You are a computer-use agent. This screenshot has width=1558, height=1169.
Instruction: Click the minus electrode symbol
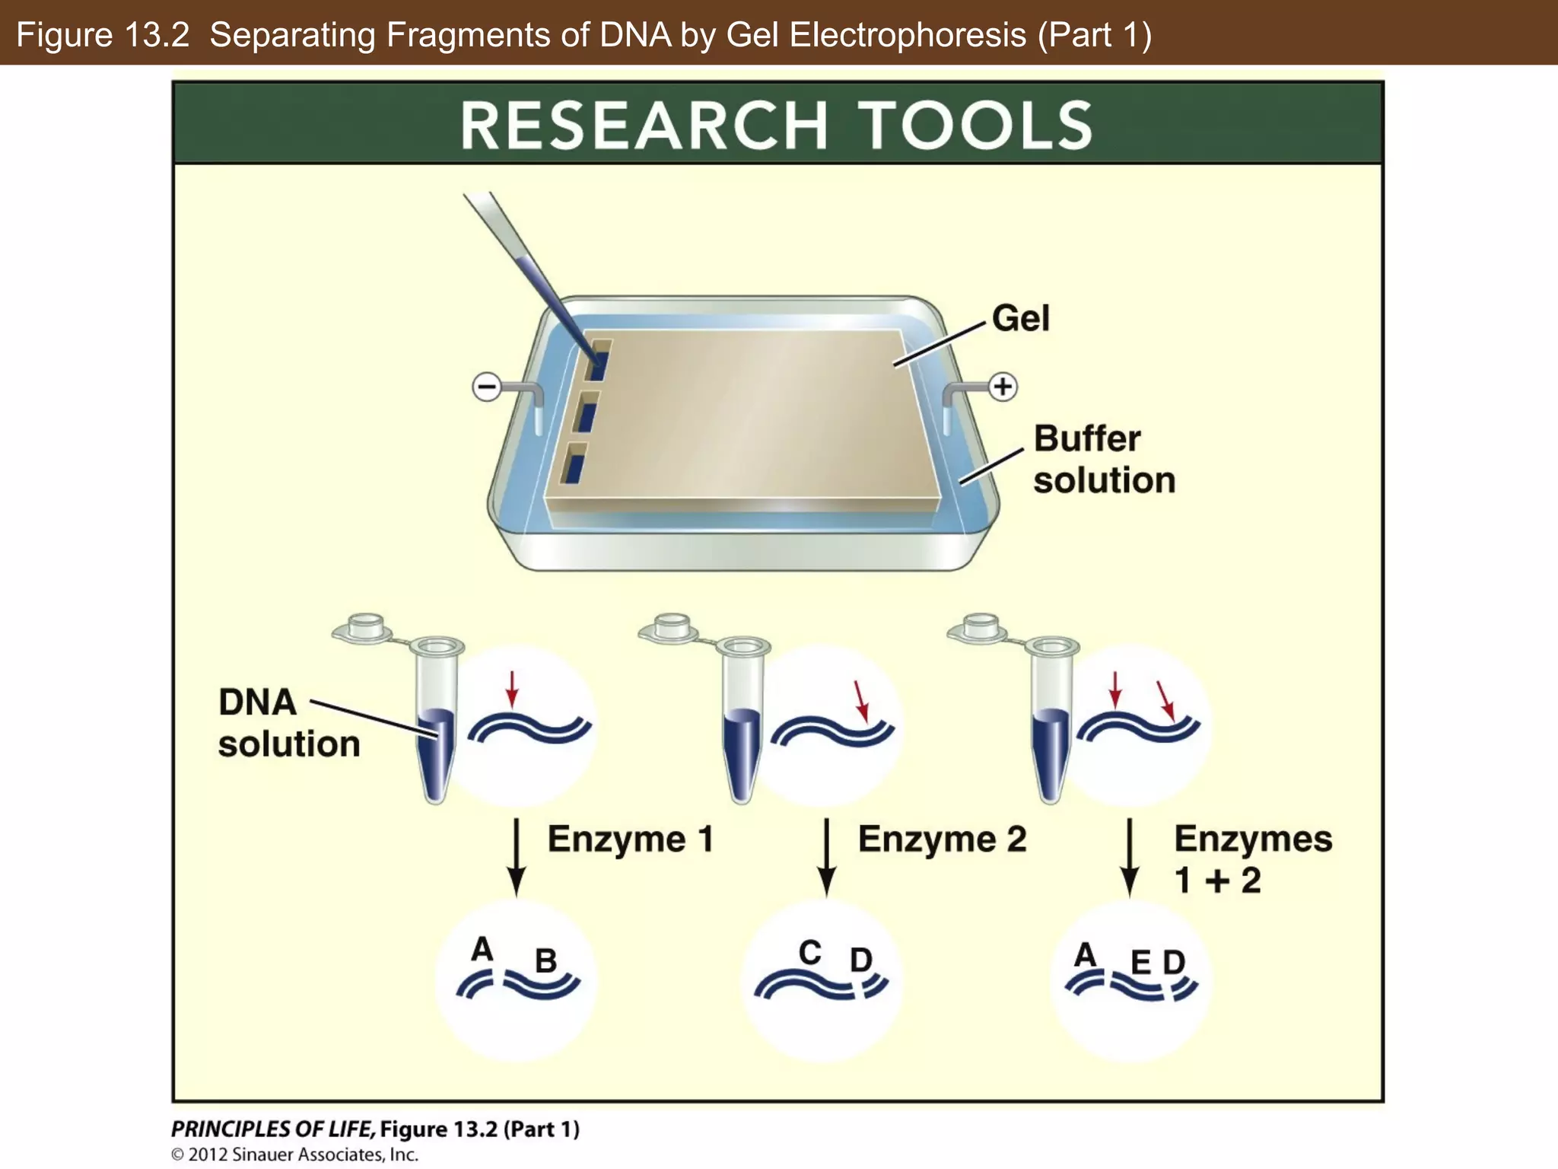(487, 387)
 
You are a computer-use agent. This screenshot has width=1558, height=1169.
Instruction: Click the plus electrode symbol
(1003, 387)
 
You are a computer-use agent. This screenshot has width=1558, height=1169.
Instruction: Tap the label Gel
(1020, 318)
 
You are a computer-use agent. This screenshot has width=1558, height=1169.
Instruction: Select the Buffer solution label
(1103, 459)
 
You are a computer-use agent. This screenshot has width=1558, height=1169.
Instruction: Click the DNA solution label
(288, 723)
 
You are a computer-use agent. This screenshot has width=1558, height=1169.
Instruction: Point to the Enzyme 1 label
(631, 839)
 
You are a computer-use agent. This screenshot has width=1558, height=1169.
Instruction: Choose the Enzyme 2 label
(942, 839)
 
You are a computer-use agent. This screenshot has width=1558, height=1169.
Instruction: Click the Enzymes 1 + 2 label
(1252, 859)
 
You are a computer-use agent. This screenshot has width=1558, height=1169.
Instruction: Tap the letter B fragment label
(545, 960)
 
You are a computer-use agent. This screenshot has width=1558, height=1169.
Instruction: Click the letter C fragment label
(809, 952)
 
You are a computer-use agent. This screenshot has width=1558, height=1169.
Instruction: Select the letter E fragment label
(1140, 964)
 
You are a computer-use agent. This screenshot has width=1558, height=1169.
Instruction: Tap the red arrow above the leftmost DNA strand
(512, 689)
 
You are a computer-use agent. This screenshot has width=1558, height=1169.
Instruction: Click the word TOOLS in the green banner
(978, 126)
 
